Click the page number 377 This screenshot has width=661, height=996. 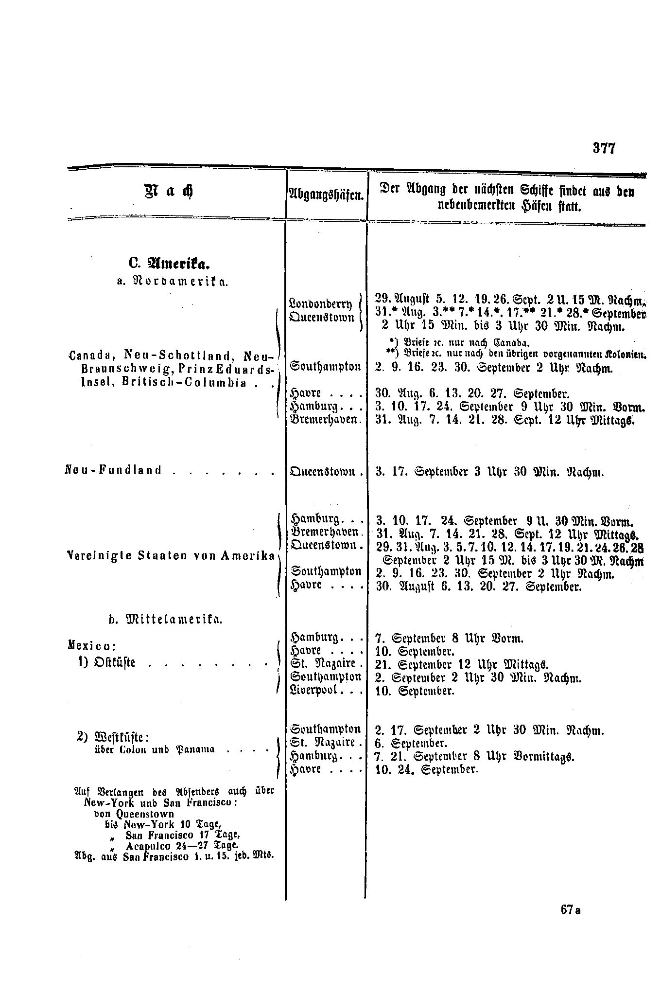(604, 148)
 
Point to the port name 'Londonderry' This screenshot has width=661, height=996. (320, 304)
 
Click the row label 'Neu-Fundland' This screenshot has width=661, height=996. (113, 471)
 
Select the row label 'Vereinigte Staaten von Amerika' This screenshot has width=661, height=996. (170, 556)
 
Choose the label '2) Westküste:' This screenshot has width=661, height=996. (113, 736)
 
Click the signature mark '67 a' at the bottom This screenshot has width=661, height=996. (571, 910)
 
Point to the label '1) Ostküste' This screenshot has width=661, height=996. (109, 662)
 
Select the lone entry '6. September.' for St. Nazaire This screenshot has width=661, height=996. (411, 743)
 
